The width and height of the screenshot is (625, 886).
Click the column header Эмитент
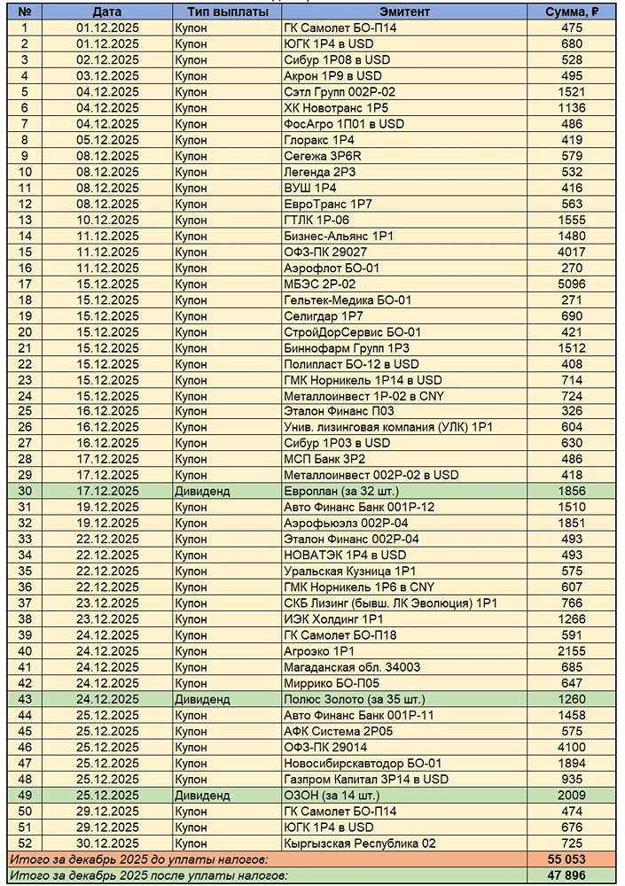coord(404,12)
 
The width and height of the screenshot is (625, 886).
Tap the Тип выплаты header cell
coord(224,12)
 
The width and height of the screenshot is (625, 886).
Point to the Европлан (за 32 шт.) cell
coord(341,490)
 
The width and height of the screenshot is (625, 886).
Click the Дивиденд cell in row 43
coord(203,699)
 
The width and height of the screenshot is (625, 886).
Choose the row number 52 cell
coord(25,843)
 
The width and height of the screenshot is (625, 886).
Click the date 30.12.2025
coord(107,843)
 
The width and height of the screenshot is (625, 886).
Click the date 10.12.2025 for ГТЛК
coord(107,220)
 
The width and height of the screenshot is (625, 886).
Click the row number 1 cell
coord(25,27)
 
